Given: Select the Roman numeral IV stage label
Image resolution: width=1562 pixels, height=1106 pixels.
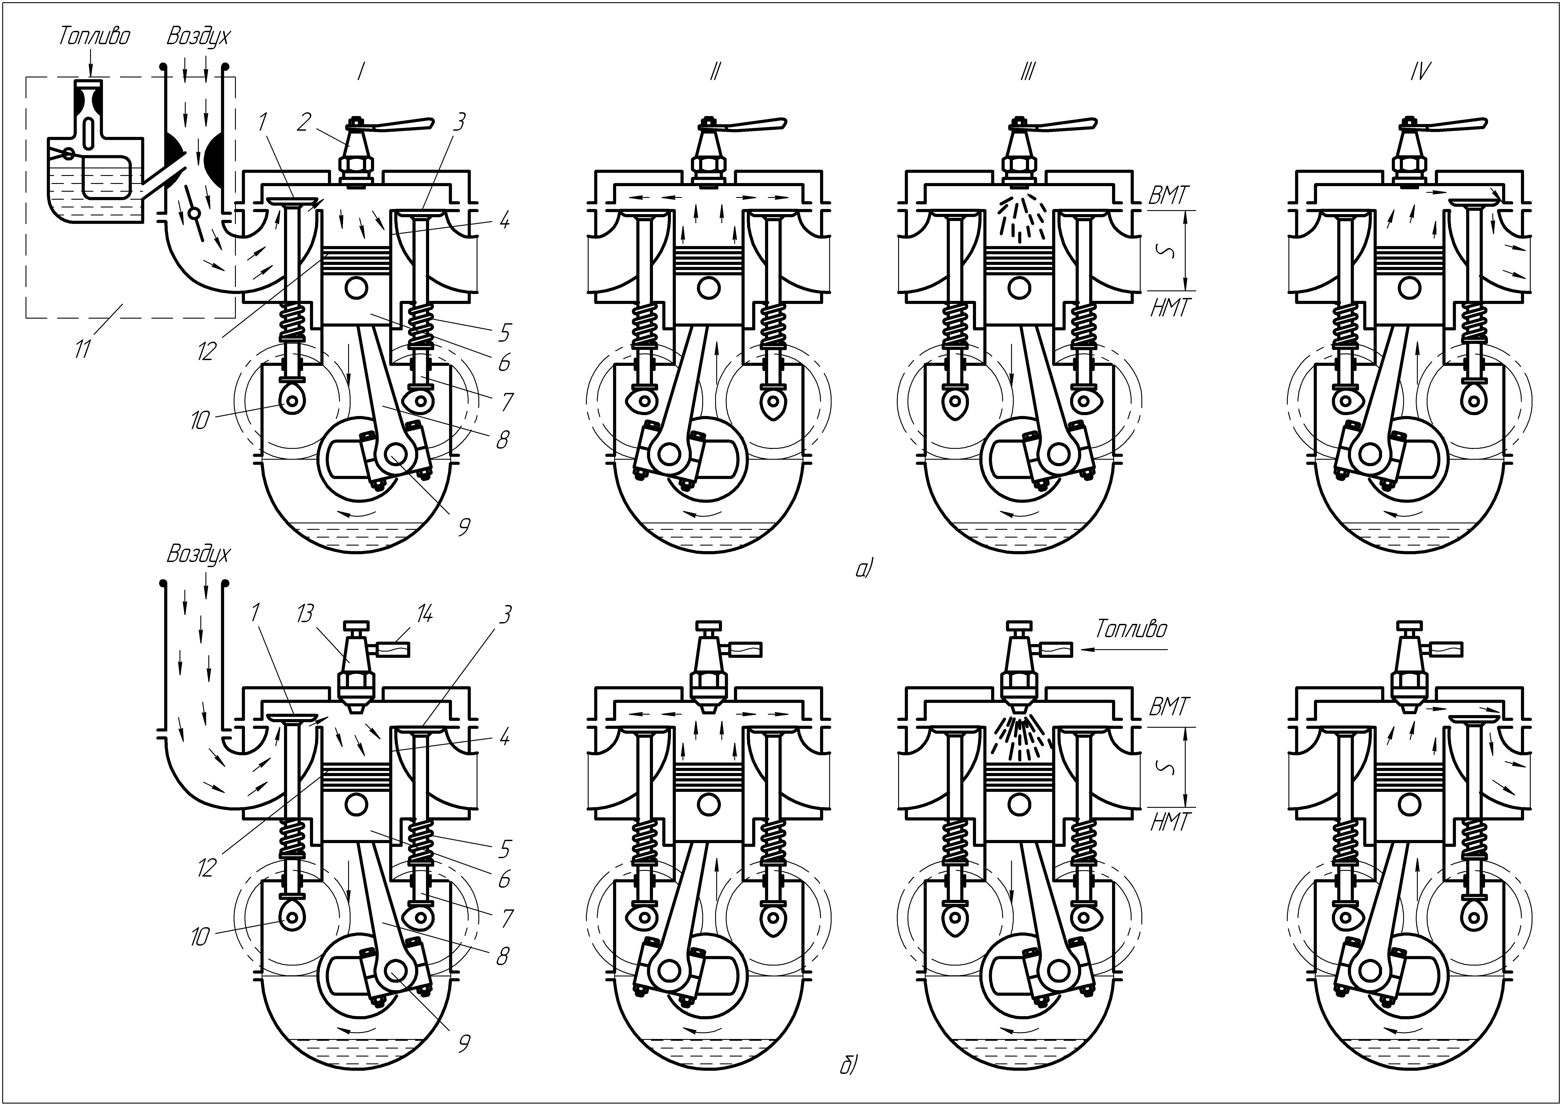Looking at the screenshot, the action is tap(1420, 71).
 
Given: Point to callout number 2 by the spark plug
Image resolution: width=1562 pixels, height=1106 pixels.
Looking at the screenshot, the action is tap(304, 122).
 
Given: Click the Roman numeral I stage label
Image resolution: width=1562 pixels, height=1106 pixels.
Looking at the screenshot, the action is tap(359, 71).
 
